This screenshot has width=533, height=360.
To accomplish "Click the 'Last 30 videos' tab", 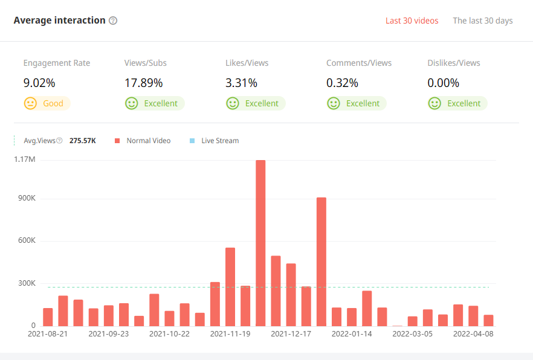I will [x=412, y=21].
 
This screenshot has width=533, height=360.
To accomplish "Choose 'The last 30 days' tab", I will [x=482, y=21].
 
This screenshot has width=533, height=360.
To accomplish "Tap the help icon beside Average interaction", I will [x=113, y=21].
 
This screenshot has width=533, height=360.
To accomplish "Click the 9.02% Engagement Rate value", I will [x=39, y=83].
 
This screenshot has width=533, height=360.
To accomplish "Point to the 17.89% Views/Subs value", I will [x=143, y=83].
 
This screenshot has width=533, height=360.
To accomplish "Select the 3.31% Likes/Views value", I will [x=241, y=83].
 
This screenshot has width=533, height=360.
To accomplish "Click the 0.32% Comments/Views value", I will [x=342, y=83].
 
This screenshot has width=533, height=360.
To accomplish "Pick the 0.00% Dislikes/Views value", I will [x=443, y=83].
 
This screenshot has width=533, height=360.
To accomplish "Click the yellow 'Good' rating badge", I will [x=47, y=103].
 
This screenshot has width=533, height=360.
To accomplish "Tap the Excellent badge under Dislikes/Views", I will [x=457, y=103].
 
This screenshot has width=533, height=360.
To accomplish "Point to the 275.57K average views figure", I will [x=83, y=141].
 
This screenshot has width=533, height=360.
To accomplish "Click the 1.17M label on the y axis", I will [x=24, y=159].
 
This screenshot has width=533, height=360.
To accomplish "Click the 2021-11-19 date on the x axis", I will [x=230, y=333].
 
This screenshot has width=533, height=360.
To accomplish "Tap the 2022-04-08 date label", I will [x=473, y=333].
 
